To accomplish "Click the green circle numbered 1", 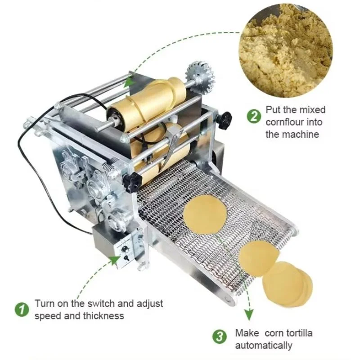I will tap(21, 310).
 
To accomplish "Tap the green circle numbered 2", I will tap(254, 117).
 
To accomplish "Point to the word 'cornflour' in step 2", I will tap(284, 122).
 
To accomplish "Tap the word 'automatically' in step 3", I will tap(264, 346).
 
